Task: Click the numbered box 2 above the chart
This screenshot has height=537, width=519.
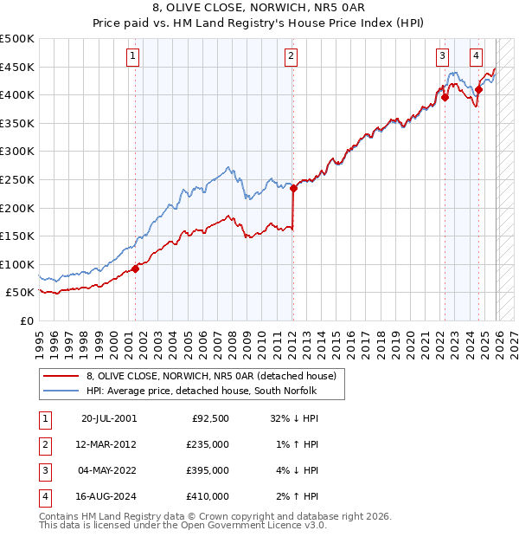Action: (x=291, y=57)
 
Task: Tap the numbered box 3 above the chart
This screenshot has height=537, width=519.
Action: (x=442, y=57)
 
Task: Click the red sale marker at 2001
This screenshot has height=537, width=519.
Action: (x=135, y=268)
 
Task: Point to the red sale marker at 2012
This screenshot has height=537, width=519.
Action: (x=293, y=188)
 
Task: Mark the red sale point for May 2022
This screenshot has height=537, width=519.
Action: (x=445, y=97)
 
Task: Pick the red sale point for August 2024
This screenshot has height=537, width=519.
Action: (x=478, y=89)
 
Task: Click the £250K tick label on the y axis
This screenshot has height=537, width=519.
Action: (x=17, y=179)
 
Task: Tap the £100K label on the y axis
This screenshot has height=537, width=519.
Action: (x=17, y=264)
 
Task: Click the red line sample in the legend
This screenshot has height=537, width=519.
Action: (x=60, y=376)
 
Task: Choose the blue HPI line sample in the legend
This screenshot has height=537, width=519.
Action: (x=60, y=391)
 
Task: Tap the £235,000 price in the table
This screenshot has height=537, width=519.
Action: (x=208, y=444)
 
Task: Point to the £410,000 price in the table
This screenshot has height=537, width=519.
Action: (x=208, y=496)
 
